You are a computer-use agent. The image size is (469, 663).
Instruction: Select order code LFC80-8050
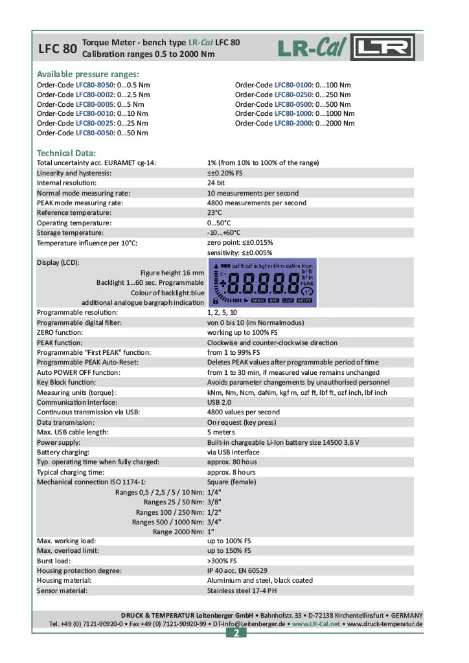pyautogui.click(x=95, y=85)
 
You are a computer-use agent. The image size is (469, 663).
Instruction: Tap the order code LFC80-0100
pyautogui.click(x=293, y=85)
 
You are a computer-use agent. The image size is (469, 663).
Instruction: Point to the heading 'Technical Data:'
pyautogui.click(x=66, y=153)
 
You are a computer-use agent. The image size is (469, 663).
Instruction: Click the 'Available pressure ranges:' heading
pyautogui.click(x=88, y=74)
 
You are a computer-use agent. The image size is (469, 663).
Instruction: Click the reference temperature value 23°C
pyautogui.click(x=214, y=212)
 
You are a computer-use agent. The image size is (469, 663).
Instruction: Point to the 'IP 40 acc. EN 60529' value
pyautogui.click(x=237, y=570)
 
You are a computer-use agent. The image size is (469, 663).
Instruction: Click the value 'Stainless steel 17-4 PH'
pyautogui.click(x=242, y=590)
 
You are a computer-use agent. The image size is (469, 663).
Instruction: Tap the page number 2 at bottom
pyautogui.click(x=236, y=633)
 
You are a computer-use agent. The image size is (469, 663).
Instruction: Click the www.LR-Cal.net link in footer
pyautogui.click(x=315, y=624)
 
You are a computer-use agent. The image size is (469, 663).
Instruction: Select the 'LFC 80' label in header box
pyautogui.click(x=58, y=49)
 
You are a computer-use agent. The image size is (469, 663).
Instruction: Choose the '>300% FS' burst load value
pyautogui.click(x=222, y=561)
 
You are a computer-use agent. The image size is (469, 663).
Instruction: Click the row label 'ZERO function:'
pyautogui.click(x=60, y=332)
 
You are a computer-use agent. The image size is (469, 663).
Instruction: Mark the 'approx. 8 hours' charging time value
pyautogui.click(x=231, y=472)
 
